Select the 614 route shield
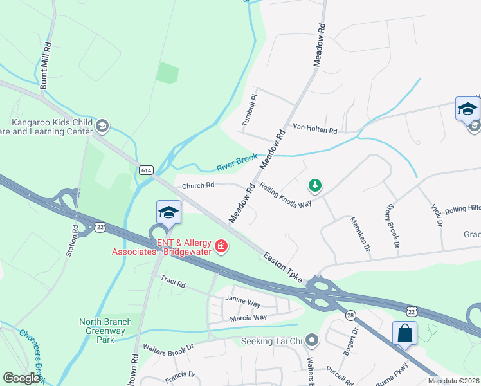point(146,170)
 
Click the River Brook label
point(237,162)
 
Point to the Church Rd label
point(197,186)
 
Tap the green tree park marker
point(314,186)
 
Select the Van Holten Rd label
point(315,130)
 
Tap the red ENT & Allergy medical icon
point(221,246)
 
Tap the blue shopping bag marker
point(405,334)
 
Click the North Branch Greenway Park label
point(105,327)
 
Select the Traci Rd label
point(173,283)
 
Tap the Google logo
point(21,378)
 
